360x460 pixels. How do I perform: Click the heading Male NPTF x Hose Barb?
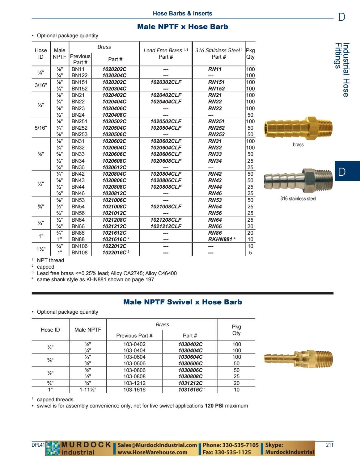182,27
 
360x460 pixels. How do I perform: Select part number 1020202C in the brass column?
114,69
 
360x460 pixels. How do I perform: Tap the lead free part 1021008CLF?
166,207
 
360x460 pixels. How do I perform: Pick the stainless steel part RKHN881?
220,239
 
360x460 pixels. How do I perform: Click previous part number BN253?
79,134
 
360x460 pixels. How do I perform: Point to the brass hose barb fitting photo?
298,127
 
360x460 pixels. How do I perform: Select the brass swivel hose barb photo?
298,358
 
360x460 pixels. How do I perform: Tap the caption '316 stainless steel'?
298,199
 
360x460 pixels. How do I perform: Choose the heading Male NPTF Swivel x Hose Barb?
182,302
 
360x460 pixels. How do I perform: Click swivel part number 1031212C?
190,383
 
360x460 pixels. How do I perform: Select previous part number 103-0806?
134,370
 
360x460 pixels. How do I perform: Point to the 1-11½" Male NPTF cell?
88,390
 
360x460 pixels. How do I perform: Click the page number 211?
329,445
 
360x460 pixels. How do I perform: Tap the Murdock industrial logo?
78,449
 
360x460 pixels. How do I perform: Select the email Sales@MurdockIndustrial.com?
157,445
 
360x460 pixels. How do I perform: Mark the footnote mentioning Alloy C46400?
107,273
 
